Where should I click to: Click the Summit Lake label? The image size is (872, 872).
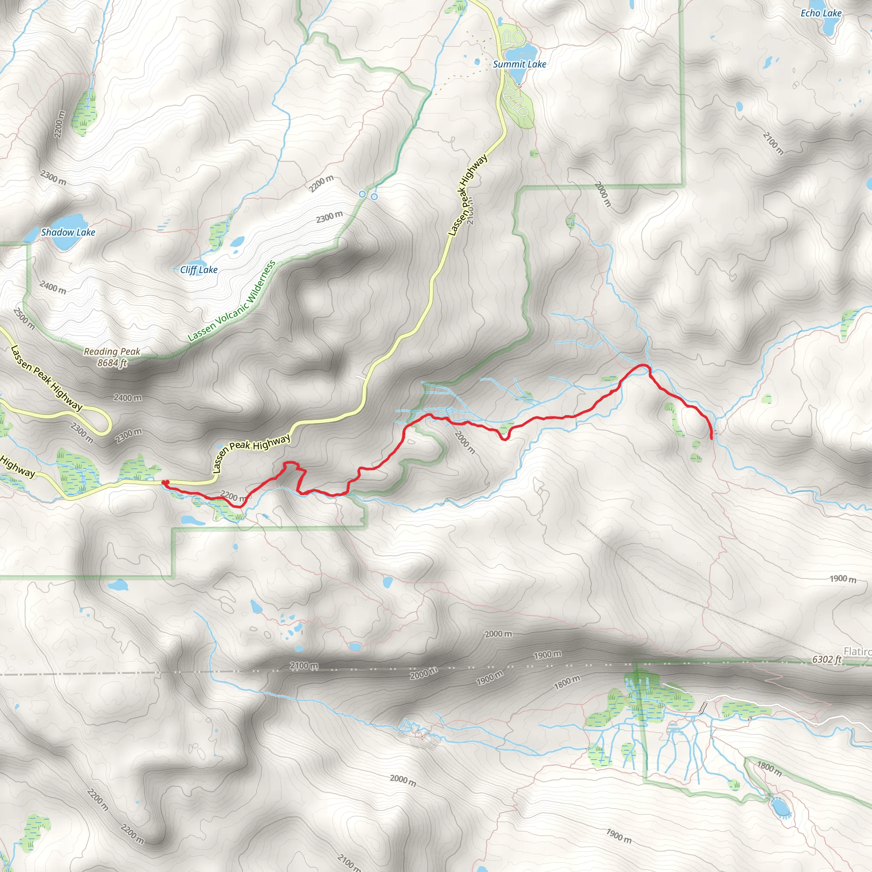pyautogui.click(x=519, y=65)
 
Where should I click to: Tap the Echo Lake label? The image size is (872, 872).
pyautogui.click(x=820, y=13)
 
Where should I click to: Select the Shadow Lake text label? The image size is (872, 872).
pyautogui.click(x=68, y=232)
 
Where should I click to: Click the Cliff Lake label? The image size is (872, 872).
pyautogui.click(x=198, y=270)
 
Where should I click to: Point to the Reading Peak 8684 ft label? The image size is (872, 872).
pyautogui.click(x=112, y=357)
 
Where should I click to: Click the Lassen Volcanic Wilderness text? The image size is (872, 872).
pyautogui.click(x=231, y=301)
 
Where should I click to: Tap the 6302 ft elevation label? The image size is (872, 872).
pyautogui.click(x=826, y=660)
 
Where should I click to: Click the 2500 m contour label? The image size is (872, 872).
pyautogui.click(x=23, y=318)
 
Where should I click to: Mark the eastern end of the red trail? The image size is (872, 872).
pyautogui.click(x=712, y=438)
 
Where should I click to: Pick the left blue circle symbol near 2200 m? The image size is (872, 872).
pyautogui.click(x=362, y=194)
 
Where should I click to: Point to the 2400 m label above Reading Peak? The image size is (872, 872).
pyautogui.click(x=52, y=287)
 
